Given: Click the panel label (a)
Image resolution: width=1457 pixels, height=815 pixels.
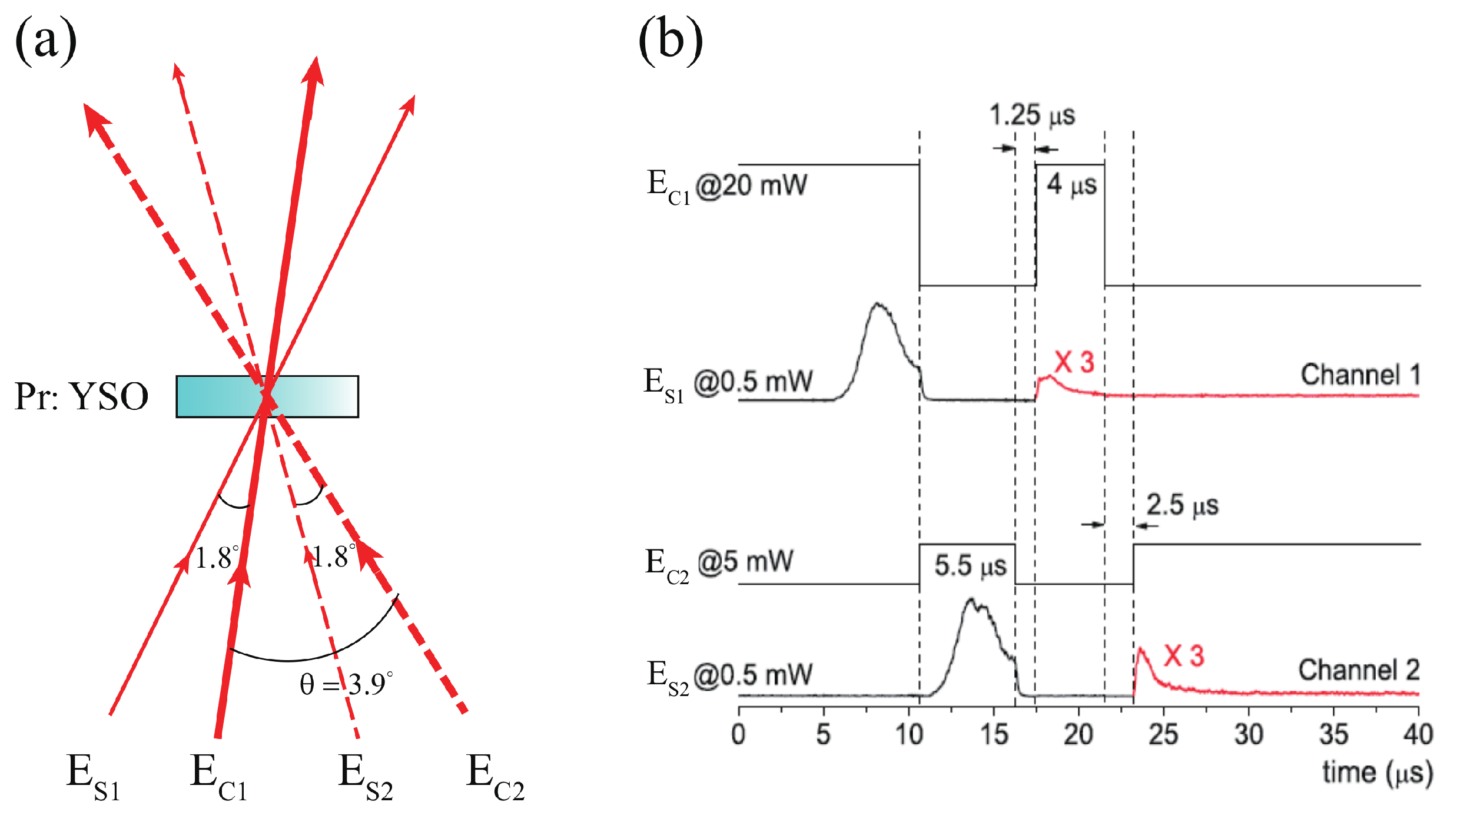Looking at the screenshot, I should pos(46,40).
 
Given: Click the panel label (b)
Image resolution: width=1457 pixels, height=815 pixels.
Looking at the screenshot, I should pos(671,40).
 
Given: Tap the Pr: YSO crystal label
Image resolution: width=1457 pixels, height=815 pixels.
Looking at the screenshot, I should pos(81,396).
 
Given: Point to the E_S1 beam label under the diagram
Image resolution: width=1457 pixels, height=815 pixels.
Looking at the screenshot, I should pos(93,777).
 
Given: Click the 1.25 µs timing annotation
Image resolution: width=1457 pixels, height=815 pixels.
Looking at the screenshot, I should pos(1032,115).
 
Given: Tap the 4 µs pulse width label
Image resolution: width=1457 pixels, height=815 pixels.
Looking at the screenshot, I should pos(1071,185).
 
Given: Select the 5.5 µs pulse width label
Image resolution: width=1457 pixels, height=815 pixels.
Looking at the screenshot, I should pos(970,566).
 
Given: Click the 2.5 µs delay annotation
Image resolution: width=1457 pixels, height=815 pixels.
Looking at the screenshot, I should pos(1182,505).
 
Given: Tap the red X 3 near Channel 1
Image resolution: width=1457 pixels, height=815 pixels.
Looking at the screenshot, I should pos(1074,362).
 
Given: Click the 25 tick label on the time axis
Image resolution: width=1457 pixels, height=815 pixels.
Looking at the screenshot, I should pos(1163,735).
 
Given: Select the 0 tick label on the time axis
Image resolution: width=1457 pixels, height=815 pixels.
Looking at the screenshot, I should pos(739,735).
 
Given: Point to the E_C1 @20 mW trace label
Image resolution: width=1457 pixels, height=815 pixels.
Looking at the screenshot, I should pos(727,186).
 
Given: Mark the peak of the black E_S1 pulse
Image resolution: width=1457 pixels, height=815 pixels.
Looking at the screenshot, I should pos(878,304).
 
